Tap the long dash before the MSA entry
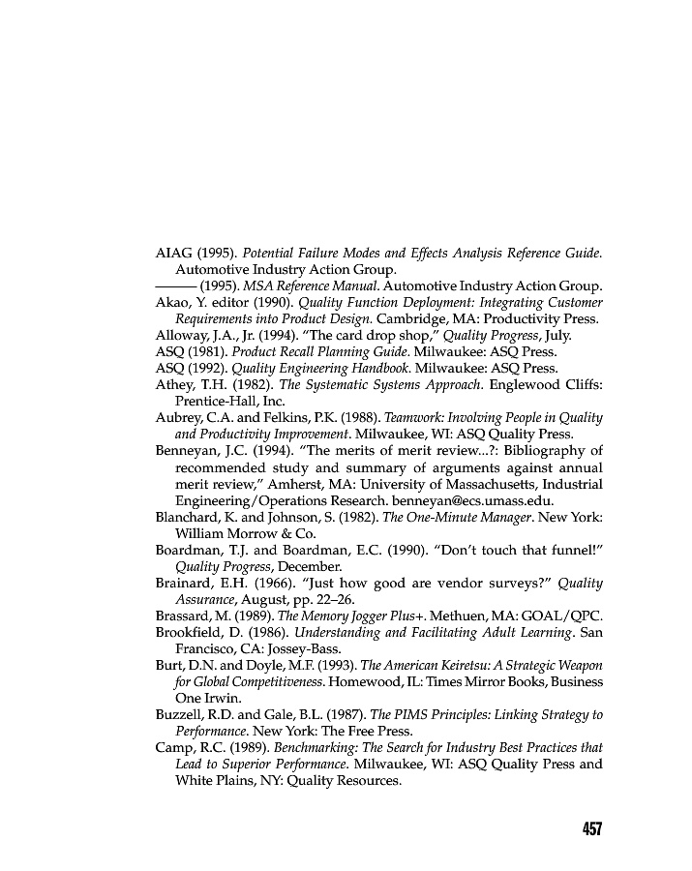[175, 285]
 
